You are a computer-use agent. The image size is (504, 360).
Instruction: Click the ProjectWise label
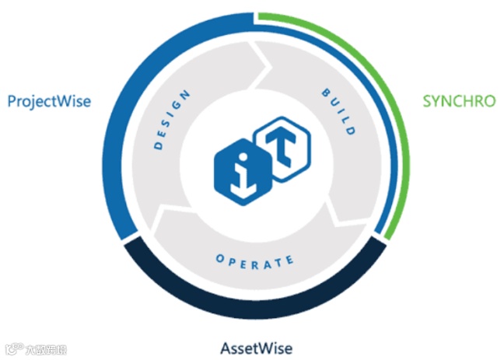[49, 101]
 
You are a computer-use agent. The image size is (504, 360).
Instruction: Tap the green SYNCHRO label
[458, 101]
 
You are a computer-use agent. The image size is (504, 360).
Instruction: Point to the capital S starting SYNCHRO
[427, 101]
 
